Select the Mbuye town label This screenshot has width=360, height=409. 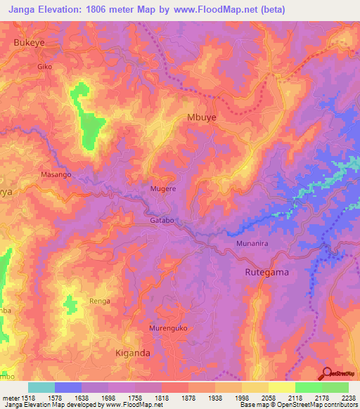pos(202,117)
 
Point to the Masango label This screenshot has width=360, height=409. pos(56,174)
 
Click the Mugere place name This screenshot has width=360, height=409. pos(163,189)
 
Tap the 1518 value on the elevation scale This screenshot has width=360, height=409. pos(23,398)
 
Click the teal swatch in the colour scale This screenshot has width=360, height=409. pos(41,387)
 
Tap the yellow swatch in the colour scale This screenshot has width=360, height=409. pos(281,387)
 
